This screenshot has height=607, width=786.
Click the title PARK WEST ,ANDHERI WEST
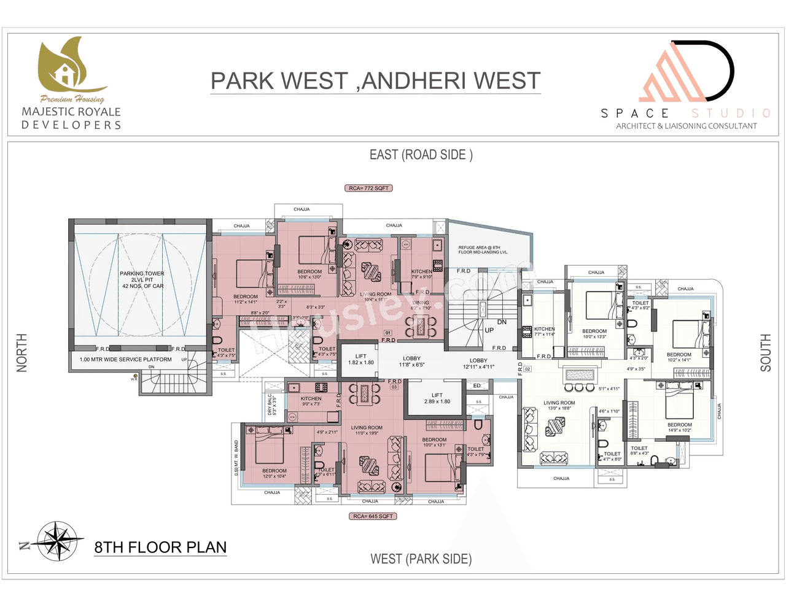tap(375, 81)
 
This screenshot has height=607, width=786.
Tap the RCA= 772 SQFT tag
tap(368, 188)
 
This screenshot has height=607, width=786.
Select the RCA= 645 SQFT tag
tap(373, 516)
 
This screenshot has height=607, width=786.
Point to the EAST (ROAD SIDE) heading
tap(421, 155)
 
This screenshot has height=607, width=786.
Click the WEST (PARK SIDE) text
tap(421, 559)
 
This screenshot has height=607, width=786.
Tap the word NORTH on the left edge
tap(22, 353)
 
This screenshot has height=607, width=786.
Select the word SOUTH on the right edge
tap(765, 353)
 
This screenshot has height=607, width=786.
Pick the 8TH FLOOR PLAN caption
tap(160, 547)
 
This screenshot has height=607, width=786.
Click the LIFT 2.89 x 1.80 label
tap(437, 398)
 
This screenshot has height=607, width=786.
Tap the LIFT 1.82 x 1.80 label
tap(361, 359)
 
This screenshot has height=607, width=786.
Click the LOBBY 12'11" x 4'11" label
tap(478, 363)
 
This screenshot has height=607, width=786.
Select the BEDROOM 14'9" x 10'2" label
tap(679, 427)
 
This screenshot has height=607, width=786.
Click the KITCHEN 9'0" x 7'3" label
tap(311, 401)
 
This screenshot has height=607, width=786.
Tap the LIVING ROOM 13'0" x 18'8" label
tap(559, 405)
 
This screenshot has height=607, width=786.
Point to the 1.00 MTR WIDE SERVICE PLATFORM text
tap(126, 360)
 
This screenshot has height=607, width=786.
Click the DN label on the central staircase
tap(502, 322)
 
